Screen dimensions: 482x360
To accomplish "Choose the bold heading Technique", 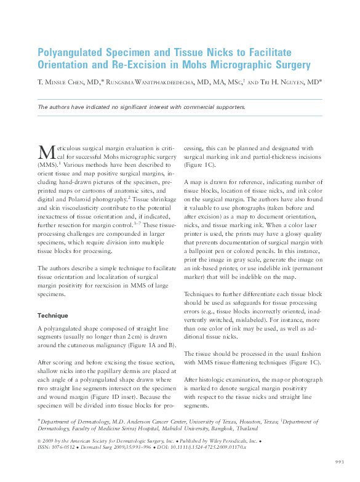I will [56, 315].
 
